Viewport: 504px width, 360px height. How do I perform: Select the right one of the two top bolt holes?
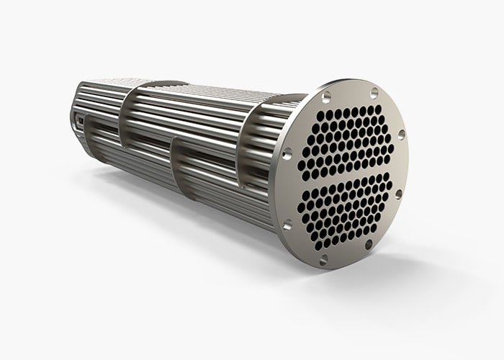[374, 91]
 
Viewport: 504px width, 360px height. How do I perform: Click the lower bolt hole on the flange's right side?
[398, 195]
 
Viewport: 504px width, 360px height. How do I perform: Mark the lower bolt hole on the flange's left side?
[288, 225]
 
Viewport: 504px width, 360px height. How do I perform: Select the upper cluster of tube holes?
[347, 140]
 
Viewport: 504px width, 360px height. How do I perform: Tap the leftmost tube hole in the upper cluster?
[302, 164]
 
